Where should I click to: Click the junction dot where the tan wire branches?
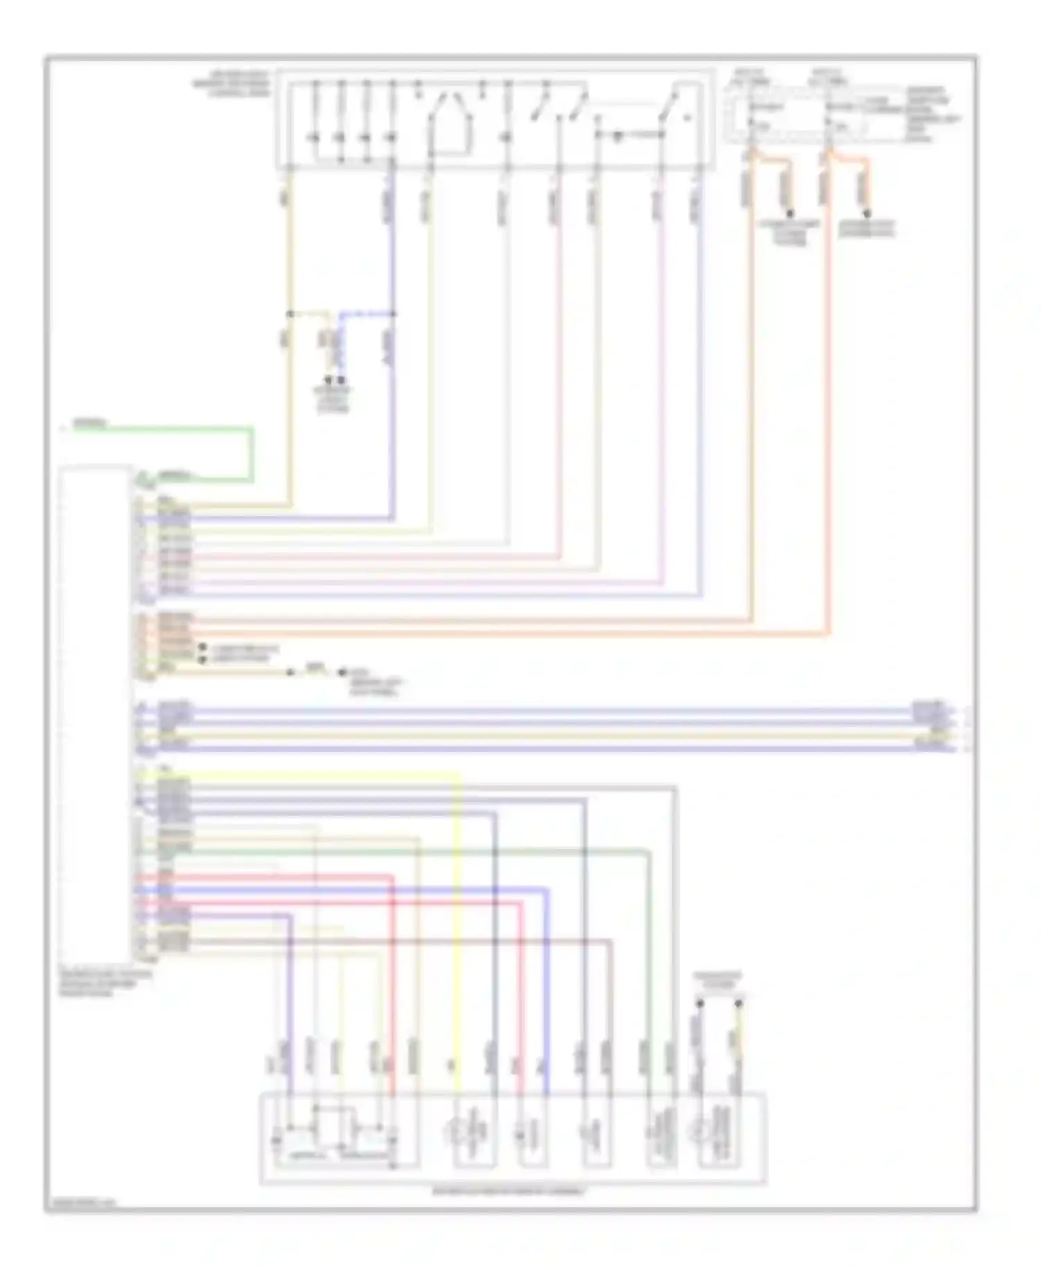coord(289,314)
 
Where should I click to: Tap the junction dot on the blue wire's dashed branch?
coord(393,314)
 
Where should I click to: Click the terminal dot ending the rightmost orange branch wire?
coord(867,214)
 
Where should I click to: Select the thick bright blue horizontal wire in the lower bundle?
coord(347,890)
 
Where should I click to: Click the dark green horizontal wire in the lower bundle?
coord(416,851)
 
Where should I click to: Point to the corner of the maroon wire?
coord(610,942)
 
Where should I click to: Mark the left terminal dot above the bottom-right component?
coord(700,1004)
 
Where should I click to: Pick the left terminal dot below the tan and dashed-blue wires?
coord(328,381)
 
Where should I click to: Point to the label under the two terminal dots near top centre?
coord(333,400)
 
